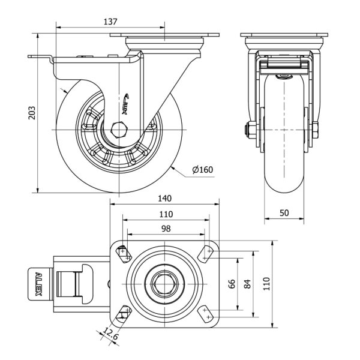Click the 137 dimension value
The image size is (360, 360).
[110, 21]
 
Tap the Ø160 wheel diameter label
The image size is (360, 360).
[203, 170]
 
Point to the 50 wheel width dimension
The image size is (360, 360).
[284, 213]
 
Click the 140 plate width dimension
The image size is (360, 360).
[165, 199]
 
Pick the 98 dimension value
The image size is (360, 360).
[166, 228]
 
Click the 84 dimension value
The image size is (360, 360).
[247, 284]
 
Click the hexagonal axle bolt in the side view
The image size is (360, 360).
[119, 130]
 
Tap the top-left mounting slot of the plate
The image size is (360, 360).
[125, 254]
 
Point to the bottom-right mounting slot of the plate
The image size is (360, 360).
[208, 313]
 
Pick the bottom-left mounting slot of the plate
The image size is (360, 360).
[125, 312]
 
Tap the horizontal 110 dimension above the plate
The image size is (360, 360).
[166, 214]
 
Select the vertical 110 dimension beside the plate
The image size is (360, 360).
[266, 284]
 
